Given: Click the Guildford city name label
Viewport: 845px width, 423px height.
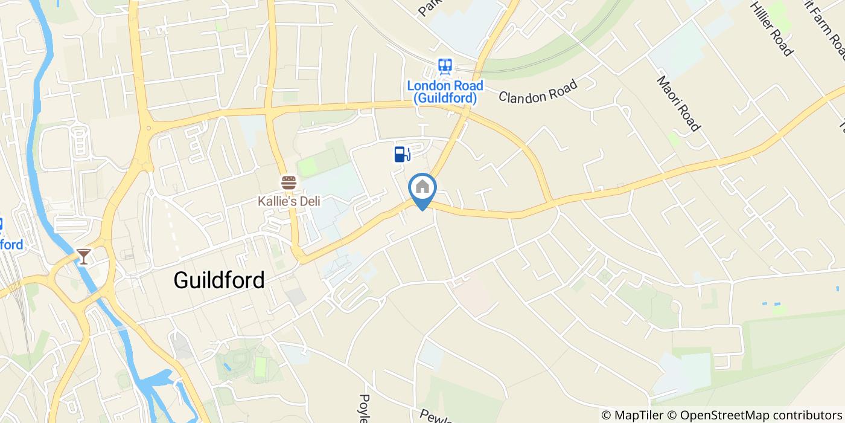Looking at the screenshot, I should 219,280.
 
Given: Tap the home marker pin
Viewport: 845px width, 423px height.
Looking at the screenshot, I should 422,189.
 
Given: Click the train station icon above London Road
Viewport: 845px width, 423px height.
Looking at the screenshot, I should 445,65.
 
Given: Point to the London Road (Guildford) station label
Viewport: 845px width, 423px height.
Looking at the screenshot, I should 445,92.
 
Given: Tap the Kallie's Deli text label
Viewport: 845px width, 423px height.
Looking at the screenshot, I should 289,201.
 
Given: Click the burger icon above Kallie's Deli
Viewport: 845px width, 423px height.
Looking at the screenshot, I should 289,182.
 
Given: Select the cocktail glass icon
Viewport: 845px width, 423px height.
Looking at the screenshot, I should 84,256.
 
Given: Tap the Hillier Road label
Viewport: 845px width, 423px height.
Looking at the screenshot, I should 771,28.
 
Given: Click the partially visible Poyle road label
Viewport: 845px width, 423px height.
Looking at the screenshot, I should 364,408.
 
